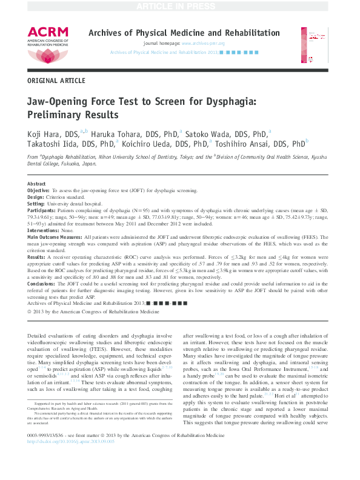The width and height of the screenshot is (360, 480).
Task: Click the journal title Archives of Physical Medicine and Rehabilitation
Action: pos(184,33)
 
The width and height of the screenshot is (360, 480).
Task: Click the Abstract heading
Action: pos(37,184)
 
